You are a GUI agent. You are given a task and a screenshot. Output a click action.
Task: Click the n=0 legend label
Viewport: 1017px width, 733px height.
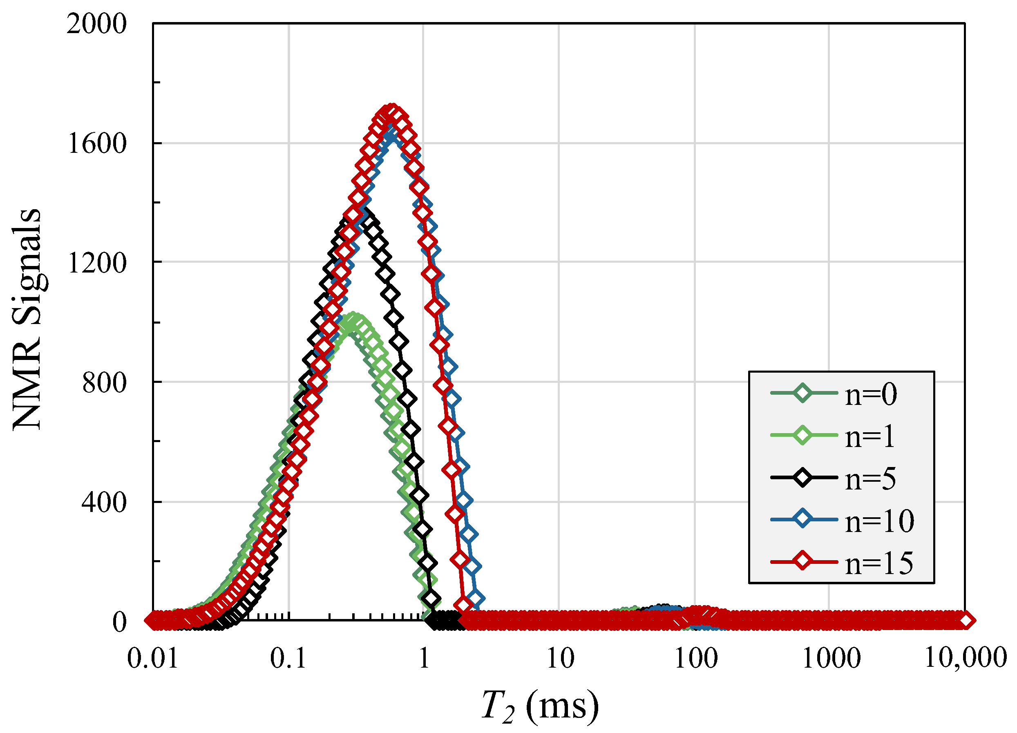(870, 395)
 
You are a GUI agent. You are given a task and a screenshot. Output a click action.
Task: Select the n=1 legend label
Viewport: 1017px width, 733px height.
(869, 437)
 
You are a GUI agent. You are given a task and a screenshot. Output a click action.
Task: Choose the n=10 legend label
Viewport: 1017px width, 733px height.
(879, 521)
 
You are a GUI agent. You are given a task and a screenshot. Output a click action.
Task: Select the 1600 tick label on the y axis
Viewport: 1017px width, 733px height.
(97, 144)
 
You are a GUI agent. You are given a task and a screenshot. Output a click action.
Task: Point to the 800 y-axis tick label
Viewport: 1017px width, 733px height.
(105, 383)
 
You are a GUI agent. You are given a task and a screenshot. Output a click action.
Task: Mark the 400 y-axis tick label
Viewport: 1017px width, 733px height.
(104, 502)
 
